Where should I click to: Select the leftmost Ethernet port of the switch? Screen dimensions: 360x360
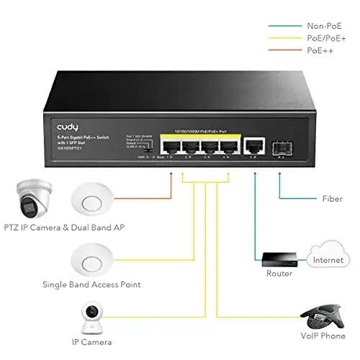tap(171, 147)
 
